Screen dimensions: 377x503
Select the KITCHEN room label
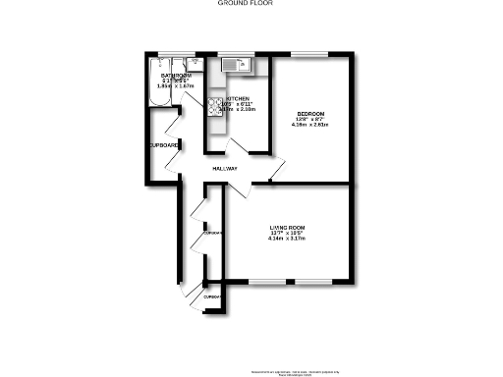point(238,99)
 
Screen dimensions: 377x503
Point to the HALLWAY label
point(225,169)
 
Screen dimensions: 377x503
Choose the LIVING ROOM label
point(288,229)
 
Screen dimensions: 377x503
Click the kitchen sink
point(237,66)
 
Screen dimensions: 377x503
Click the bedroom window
point(313,51)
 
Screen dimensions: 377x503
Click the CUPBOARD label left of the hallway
point(164,146)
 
